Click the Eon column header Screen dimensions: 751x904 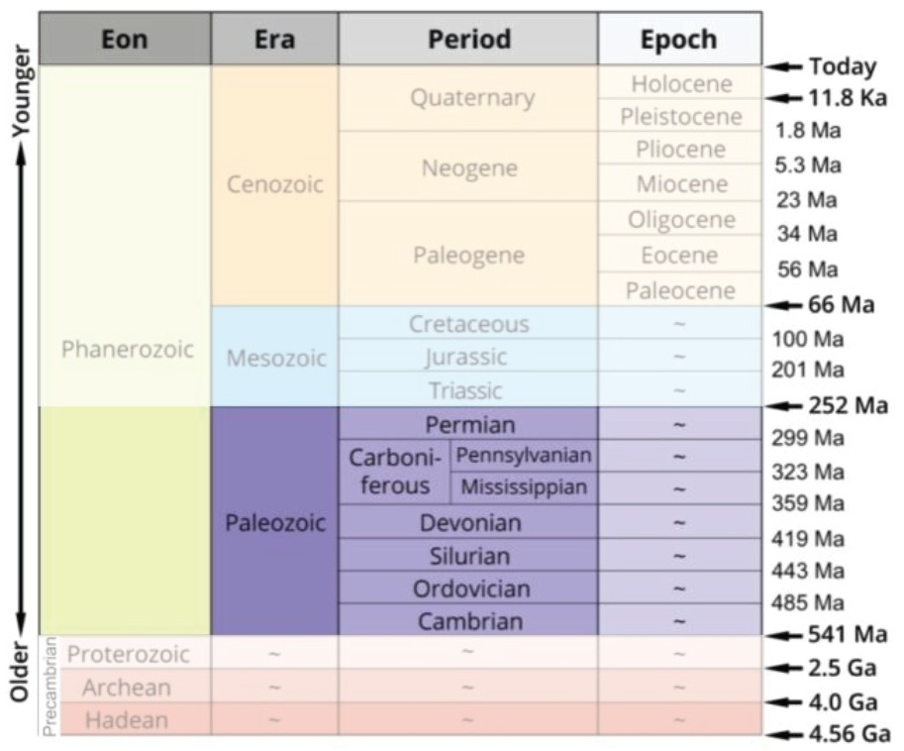[x=124, y=40]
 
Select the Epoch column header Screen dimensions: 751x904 [x=679, y=40]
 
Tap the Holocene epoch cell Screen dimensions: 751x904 [x=681, y=84]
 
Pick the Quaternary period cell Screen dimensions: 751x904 [x=471, y=98]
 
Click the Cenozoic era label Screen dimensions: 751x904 [x=274, y=185]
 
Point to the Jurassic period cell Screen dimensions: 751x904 [x=465, y=357]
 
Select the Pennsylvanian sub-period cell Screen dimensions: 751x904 [x=524, y=456]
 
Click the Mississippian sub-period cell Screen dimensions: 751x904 [x=524, y=487]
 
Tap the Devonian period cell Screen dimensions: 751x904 [x=470, y=522]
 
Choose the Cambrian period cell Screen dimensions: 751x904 [x=469, y=621]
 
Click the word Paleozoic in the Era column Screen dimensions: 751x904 [x=274, y=522]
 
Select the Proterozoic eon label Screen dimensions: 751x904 [x=128, y=654]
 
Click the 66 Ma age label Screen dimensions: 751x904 [x=841, y=304]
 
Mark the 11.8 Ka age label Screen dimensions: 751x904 [x=847, y=98]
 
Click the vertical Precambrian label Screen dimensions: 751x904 [x=50, y=687]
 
